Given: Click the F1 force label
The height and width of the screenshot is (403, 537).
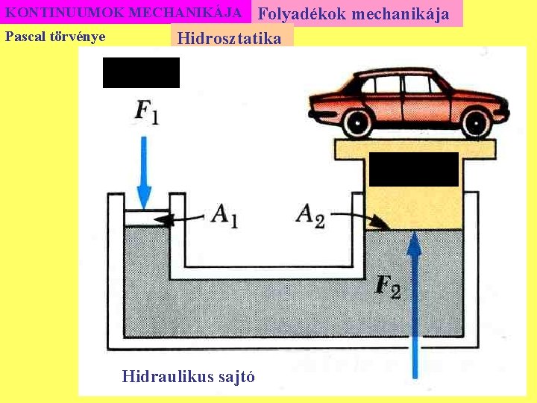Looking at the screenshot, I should click(x=146, y=112).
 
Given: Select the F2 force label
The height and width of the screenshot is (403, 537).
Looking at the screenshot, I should click(x=388, y=287).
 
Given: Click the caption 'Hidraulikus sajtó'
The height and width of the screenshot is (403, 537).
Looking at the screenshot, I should click(x=188, y=376).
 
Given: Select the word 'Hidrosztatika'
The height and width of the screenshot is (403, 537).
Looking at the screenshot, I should click(x=230, y=39).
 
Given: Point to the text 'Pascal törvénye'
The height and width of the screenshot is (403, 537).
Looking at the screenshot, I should click(x=55, y=37).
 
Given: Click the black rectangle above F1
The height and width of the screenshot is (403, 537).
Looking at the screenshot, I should click(x=141, y=72).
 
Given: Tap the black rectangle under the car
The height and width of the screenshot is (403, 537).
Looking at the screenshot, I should click(x=413, y=169).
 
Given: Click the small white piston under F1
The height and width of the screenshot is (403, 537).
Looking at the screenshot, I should click(x=145, y=218).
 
